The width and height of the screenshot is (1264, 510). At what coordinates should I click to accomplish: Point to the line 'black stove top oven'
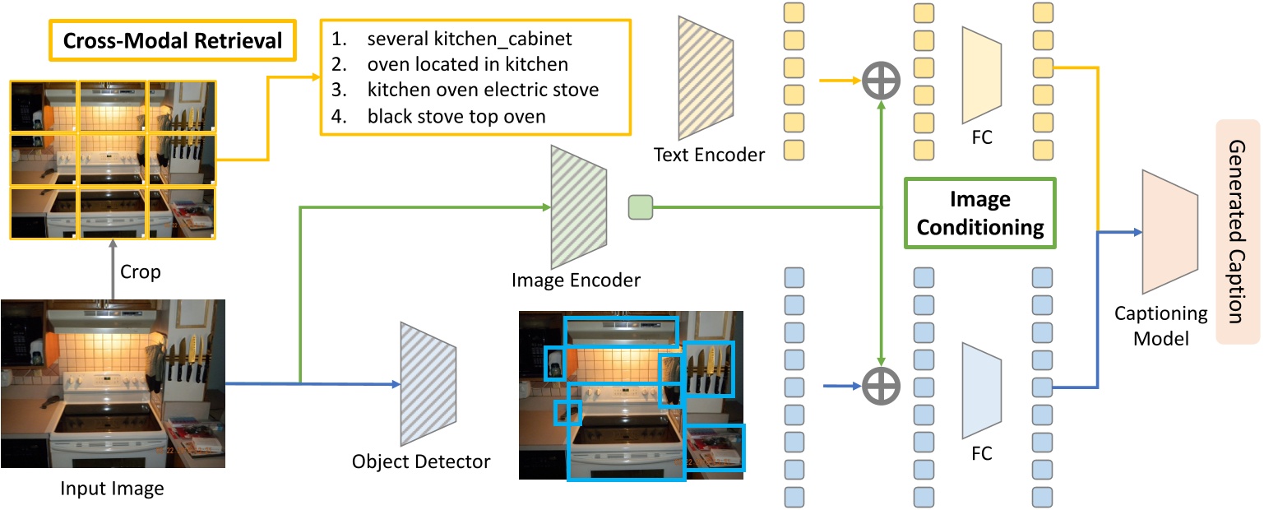coord(456,116)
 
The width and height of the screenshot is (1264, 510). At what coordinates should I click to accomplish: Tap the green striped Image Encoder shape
coord(579,205)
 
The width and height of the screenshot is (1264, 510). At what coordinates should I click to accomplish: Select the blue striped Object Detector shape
coord(421,384)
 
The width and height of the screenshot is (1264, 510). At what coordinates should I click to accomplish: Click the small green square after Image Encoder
coord(640,206)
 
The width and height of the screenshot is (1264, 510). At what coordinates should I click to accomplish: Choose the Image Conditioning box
coord(979,213)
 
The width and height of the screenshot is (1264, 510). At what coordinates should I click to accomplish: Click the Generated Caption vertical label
coord(1235,231)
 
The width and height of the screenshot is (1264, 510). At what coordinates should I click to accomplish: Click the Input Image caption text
coord(113,489)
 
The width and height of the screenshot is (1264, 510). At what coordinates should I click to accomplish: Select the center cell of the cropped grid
coord(113,160)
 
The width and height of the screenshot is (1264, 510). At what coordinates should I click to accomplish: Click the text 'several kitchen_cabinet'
coord(469,38)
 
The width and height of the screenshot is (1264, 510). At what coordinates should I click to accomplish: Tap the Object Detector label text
coord(421,461)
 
